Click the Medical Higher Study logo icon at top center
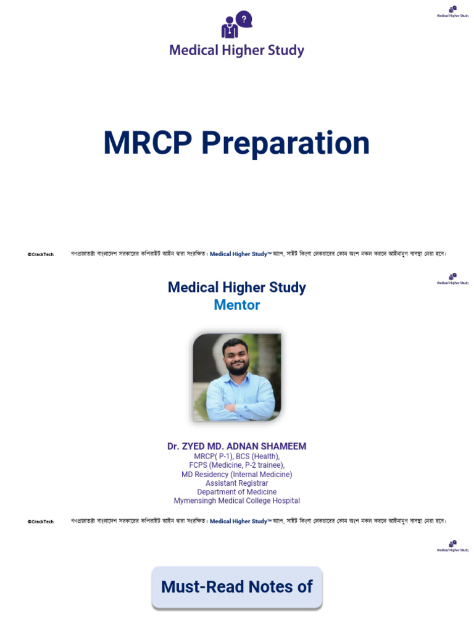tap(236, 25)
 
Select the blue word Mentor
tap(237, 305)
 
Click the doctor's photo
tap(237, 377)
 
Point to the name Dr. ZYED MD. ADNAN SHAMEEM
tap(237, 446)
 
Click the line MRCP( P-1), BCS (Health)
tap(237, 456)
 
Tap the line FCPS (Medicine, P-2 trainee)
tap(237, 465)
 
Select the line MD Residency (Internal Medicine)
tap(237, 475)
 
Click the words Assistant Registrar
tap(237, 483)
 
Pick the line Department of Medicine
tap(237, 492)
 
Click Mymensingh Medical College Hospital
tap(237, 501)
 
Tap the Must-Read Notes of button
tap(237, 587)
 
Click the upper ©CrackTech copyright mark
tap(41, 254)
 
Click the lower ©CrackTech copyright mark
tap(41, 522)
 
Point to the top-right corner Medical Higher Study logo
tap(452, 12)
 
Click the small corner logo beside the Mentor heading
tap(452, 279)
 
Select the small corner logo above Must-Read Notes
tap(452, 546)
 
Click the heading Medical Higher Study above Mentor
tap(237, 288)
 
